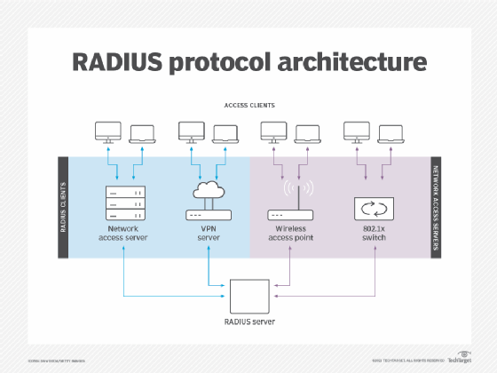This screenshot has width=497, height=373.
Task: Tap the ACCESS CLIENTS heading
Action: pyautogui.click(x=248, y=105)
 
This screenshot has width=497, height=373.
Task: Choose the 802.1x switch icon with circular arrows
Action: pyautogui.click(x=373, y=210)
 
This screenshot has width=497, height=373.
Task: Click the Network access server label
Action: pyautogui.click(x=124, y=234)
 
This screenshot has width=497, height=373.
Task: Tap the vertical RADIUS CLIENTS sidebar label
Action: pyautogui.click(x=63, y=207)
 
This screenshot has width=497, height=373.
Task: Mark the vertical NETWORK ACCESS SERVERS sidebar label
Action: pyautogui.click(x=435, y=207)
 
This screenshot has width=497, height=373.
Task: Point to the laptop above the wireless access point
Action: pyautogui.click(x=307, y=134)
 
